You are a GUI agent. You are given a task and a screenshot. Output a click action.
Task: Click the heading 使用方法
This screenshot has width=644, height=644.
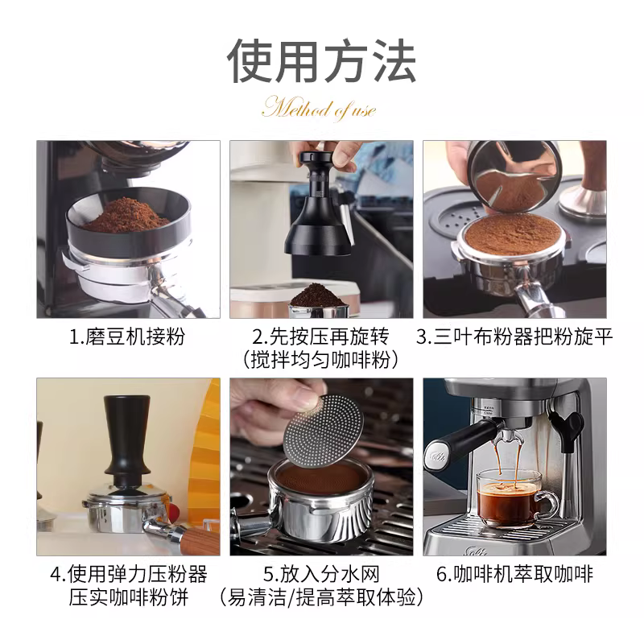point(321,61)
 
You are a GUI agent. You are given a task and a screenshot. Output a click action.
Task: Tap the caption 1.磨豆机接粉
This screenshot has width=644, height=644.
point(128,336)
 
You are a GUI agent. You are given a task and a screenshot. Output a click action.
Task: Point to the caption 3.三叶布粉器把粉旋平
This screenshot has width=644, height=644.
point(514,336)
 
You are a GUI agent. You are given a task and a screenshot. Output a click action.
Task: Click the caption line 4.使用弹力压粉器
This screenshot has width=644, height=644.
point(128,574)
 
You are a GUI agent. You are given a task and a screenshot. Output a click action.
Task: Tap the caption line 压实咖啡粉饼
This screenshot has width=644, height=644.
point(128,597)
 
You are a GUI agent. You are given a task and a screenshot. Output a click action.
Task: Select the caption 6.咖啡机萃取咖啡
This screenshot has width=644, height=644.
point(514,574)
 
